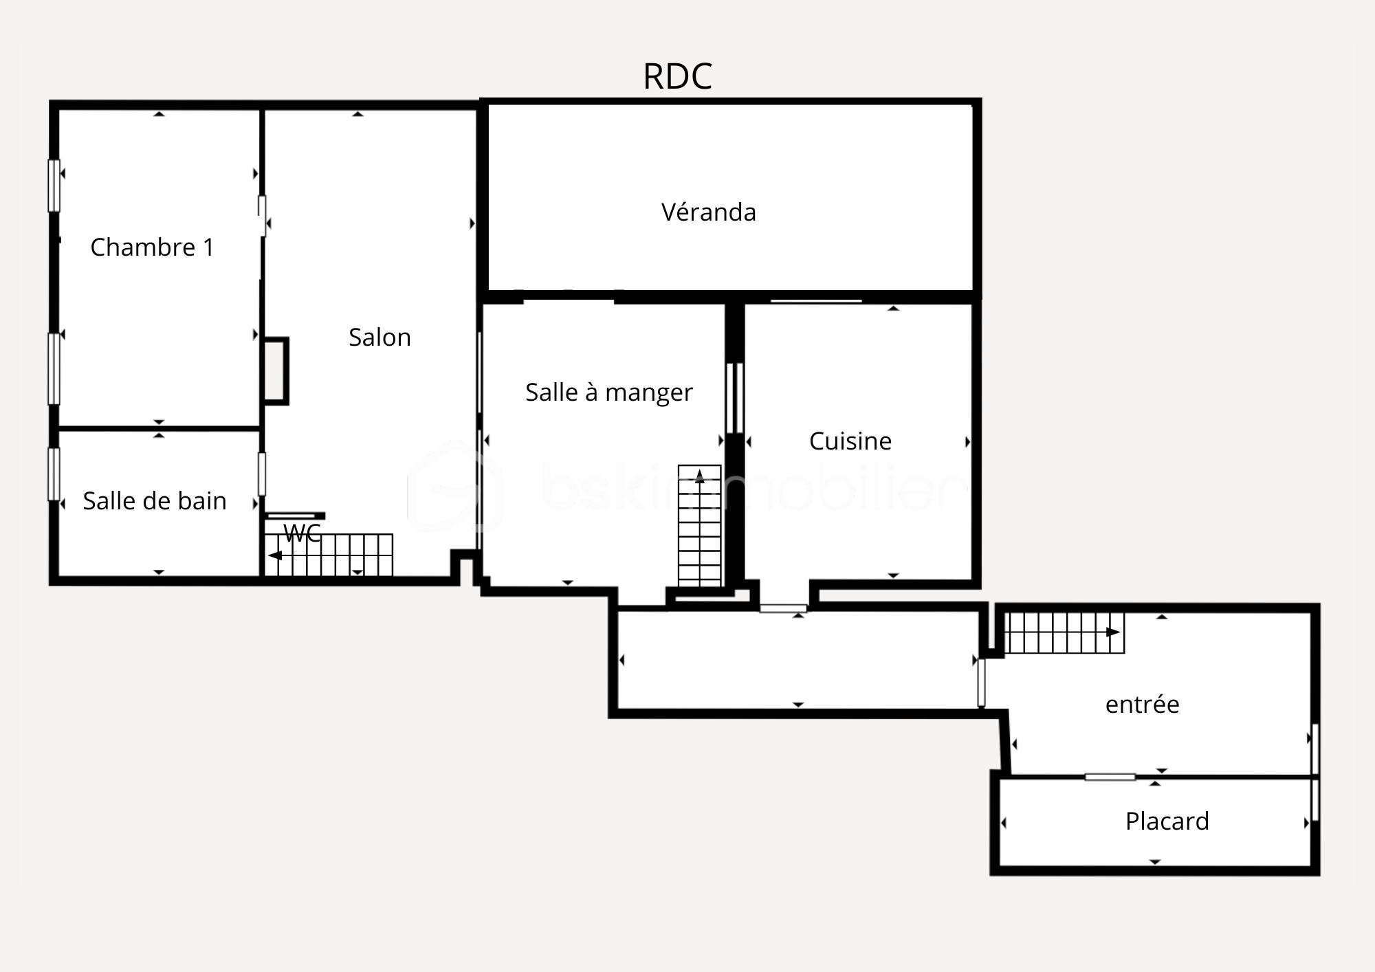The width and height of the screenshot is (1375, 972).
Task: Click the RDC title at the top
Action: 677,76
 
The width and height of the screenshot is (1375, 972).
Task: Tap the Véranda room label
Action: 709,212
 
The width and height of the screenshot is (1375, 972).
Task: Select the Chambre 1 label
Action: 152,247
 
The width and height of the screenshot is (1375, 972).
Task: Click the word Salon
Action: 379,337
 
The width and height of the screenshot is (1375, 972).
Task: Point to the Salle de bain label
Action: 155,500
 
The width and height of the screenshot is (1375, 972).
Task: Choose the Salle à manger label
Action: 609,392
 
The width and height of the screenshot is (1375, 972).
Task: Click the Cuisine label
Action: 850,441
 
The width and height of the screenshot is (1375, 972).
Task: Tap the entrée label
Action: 1143,704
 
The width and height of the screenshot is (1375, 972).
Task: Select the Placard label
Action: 1167,821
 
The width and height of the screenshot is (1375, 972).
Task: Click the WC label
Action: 302,533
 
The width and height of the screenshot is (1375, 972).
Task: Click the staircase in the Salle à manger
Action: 700,526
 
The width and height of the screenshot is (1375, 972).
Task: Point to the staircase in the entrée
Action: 1064,632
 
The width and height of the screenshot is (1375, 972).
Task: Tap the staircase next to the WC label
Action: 329,555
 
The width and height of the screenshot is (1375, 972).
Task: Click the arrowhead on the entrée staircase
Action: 1113,632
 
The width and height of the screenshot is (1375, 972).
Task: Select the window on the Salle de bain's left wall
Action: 54,474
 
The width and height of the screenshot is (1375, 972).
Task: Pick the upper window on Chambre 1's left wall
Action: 54,186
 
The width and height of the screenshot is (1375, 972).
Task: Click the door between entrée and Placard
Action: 1110,777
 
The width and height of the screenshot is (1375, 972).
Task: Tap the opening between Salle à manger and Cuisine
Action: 735,397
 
